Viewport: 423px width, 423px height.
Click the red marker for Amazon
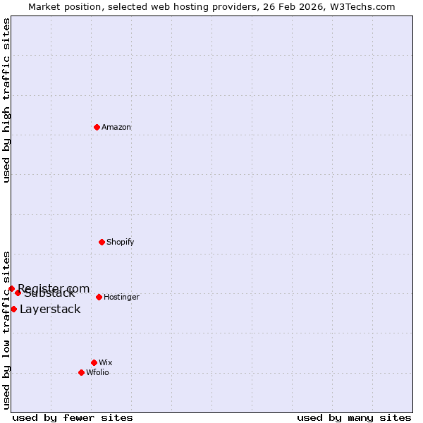(97, 127)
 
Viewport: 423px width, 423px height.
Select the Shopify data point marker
(102, 242)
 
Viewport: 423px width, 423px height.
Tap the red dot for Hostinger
(99, 297)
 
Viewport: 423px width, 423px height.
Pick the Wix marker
(94, 362)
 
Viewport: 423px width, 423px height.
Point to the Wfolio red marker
(81, 372)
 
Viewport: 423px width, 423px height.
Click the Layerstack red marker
(13, 309)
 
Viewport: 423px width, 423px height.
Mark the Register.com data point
(11, 288)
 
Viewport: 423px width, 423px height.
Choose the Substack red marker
(18, 293)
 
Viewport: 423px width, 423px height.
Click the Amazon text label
(116, 128)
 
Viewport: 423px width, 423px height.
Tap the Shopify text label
(120, 243)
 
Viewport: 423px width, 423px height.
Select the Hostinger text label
(121, 298)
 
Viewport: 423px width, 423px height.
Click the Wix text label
(105, 363)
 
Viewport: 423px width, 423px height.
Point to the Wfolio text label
(97, 373)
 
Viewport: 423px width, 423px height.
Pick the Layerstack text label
(50, 309)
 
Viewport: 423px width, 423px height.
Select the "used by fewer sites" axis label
(73, 417)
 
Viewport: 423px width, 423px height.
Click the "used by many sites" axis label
(354, 417)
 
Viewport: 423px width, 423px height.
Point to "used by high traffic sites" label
(6, 100)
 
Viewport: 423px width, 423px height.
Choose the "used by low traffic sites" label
(6, 330)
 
